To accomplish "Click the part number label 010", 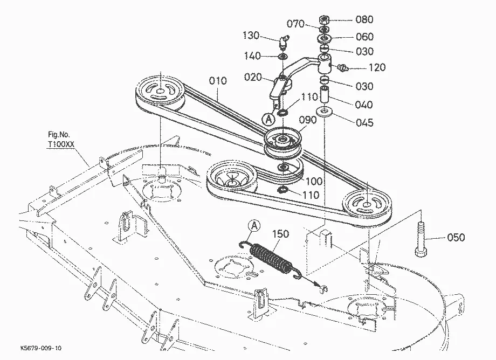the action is (218, 81).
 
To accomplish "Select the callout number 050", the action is (456, 237).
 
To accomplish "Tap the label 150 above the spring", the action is (280, 234).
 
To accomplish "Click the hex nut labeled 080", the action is (324, 20).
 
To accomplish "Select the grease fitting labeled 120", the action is (343, 67).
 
